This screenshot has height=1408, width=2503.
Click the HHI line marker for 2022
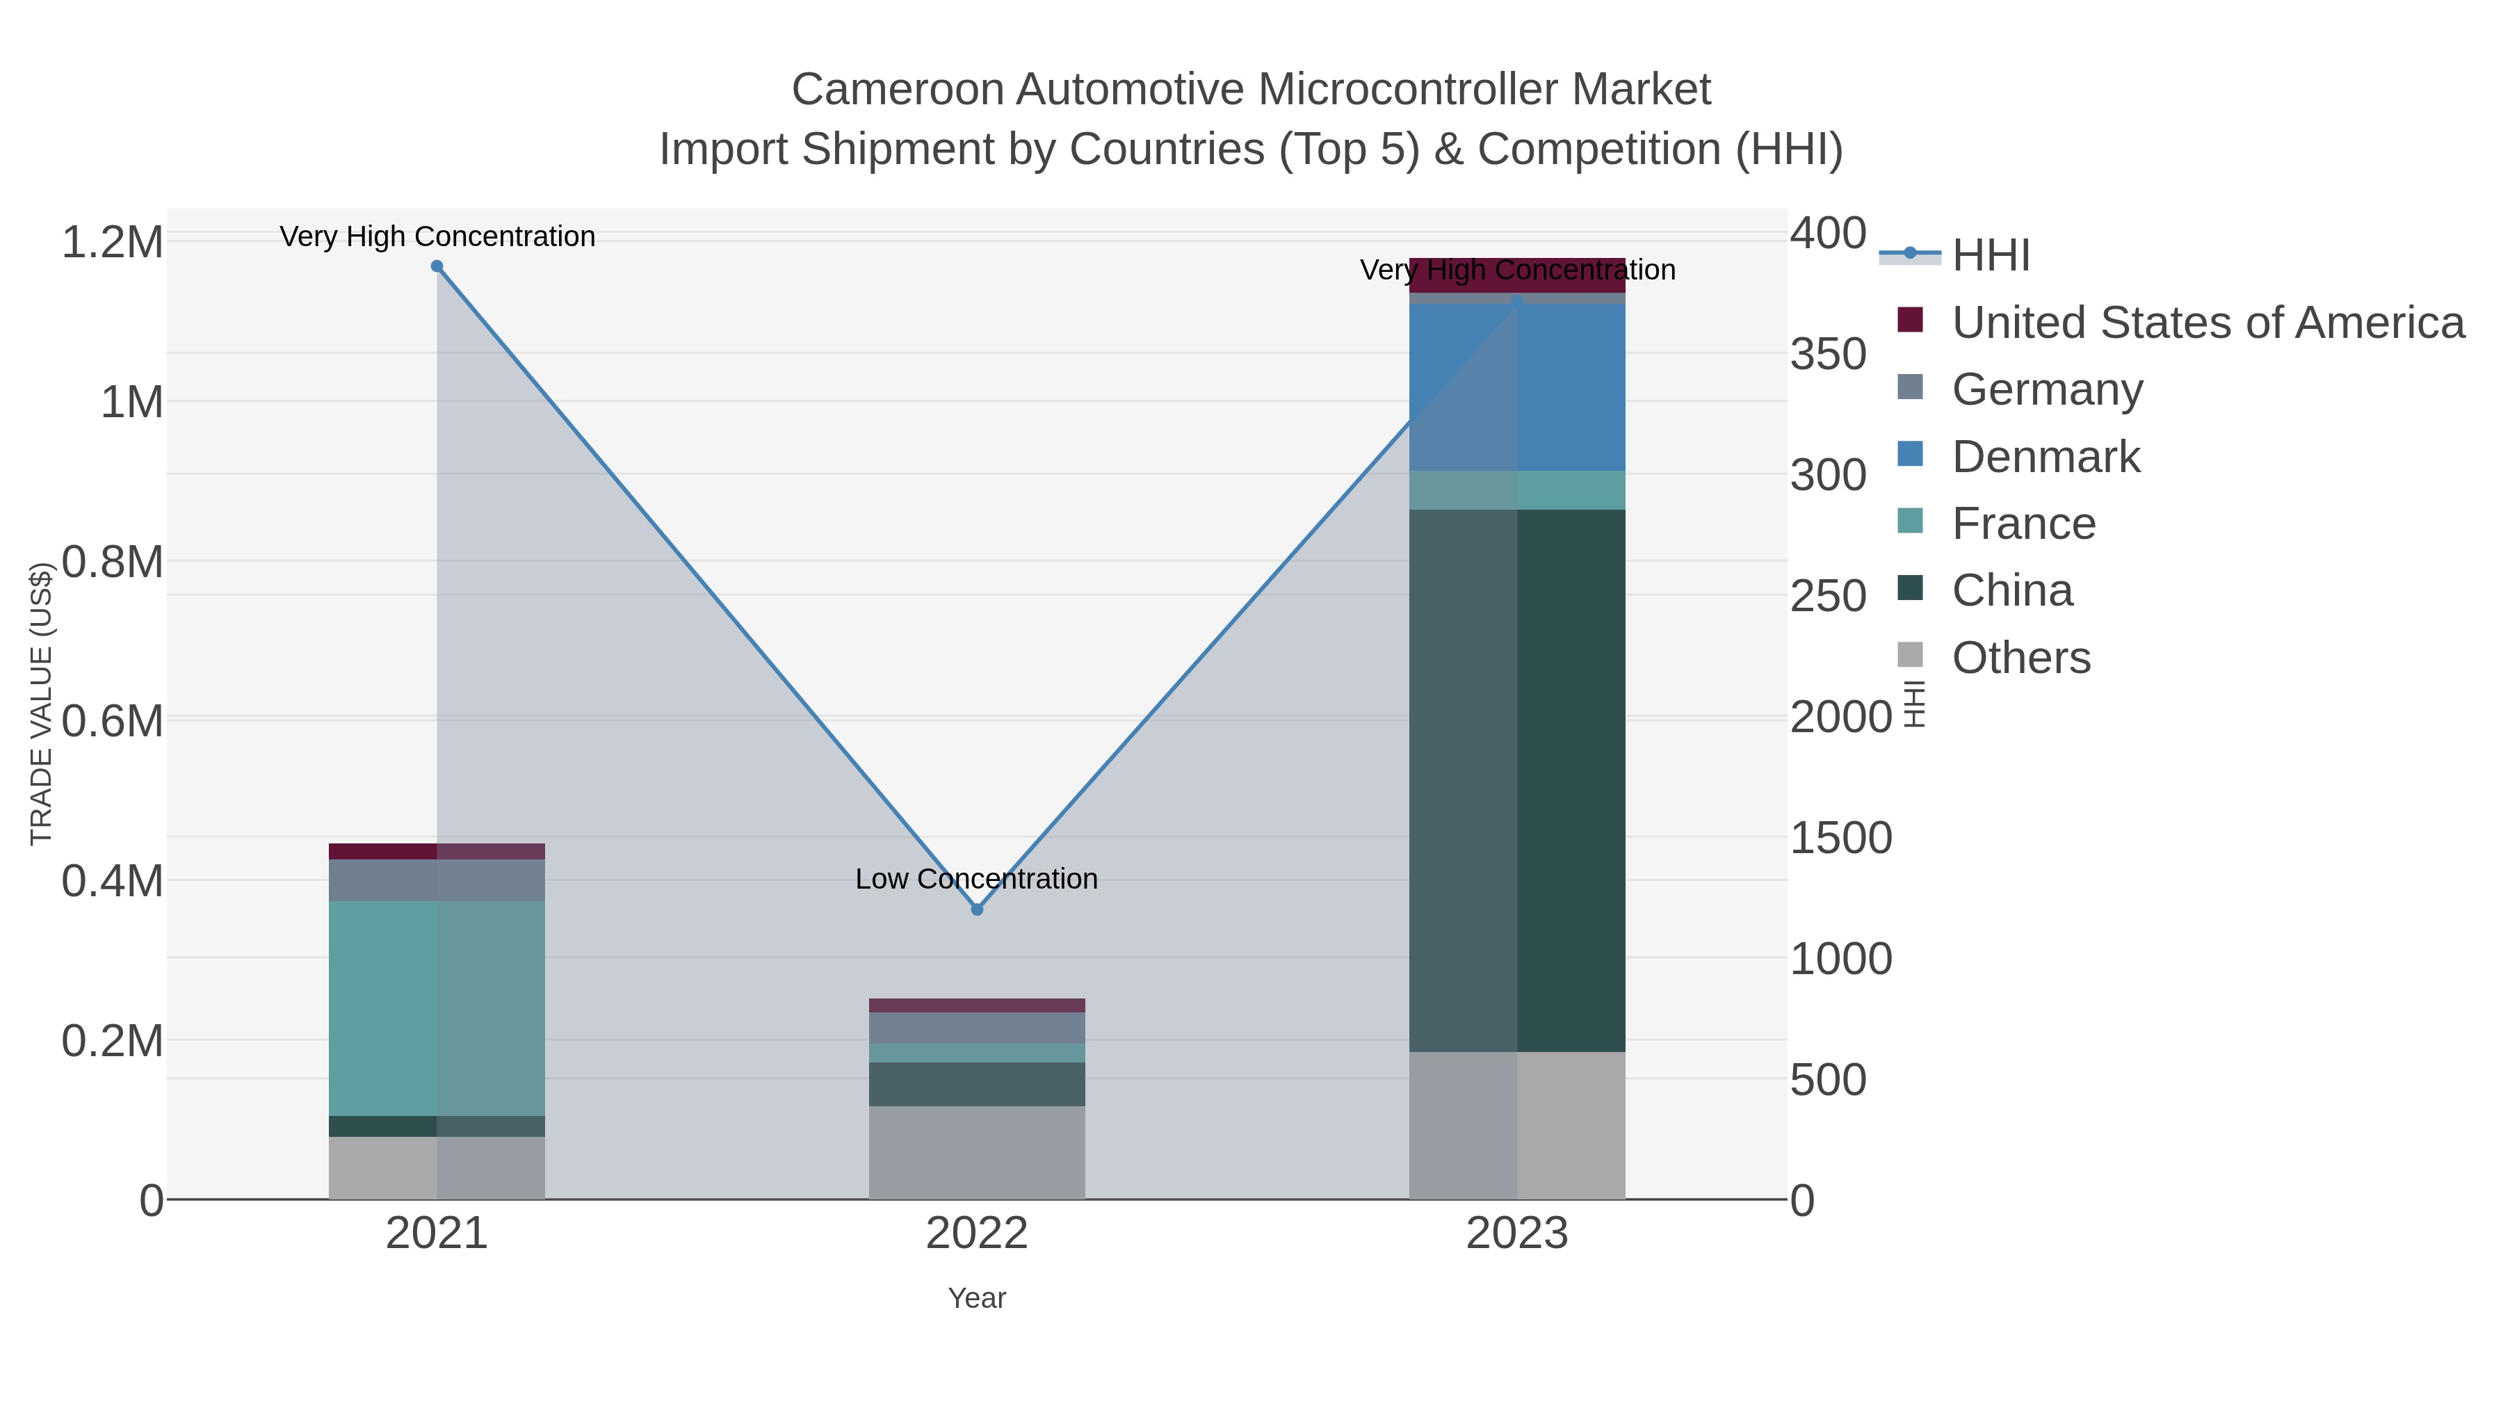977,909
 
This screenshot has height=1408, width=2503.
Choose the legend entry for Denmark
2046,457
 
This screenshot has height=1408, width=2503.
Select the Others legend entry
2021,658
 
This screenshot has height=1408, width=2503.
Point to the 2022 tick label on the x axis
977,1234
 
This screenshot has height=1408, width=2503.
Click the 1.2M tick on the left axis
113,242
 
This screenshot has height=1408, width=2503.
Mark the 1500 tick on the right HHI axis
1840,838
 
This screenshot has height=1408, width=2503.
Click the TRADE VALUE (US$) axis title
41,704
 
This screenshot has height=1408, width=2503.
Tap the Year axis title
977,1298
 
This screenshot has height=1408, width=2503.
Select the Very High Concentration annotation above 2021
437,236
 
